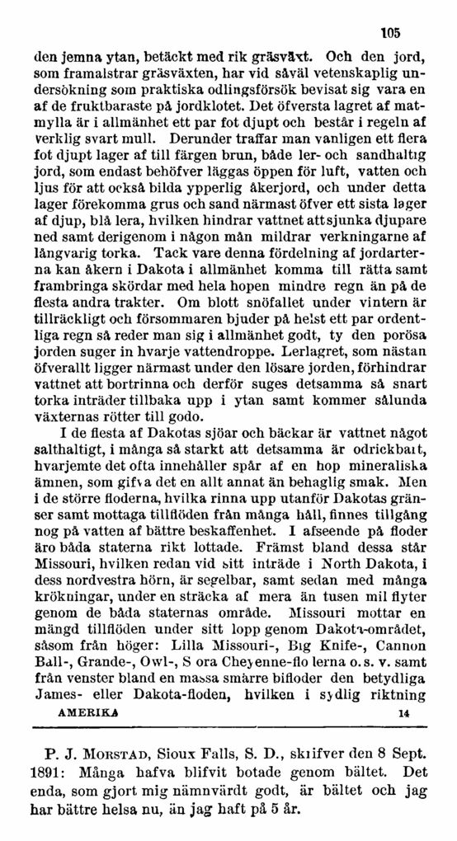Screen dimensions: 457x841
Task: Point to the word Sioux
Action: tap(189, 752)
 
